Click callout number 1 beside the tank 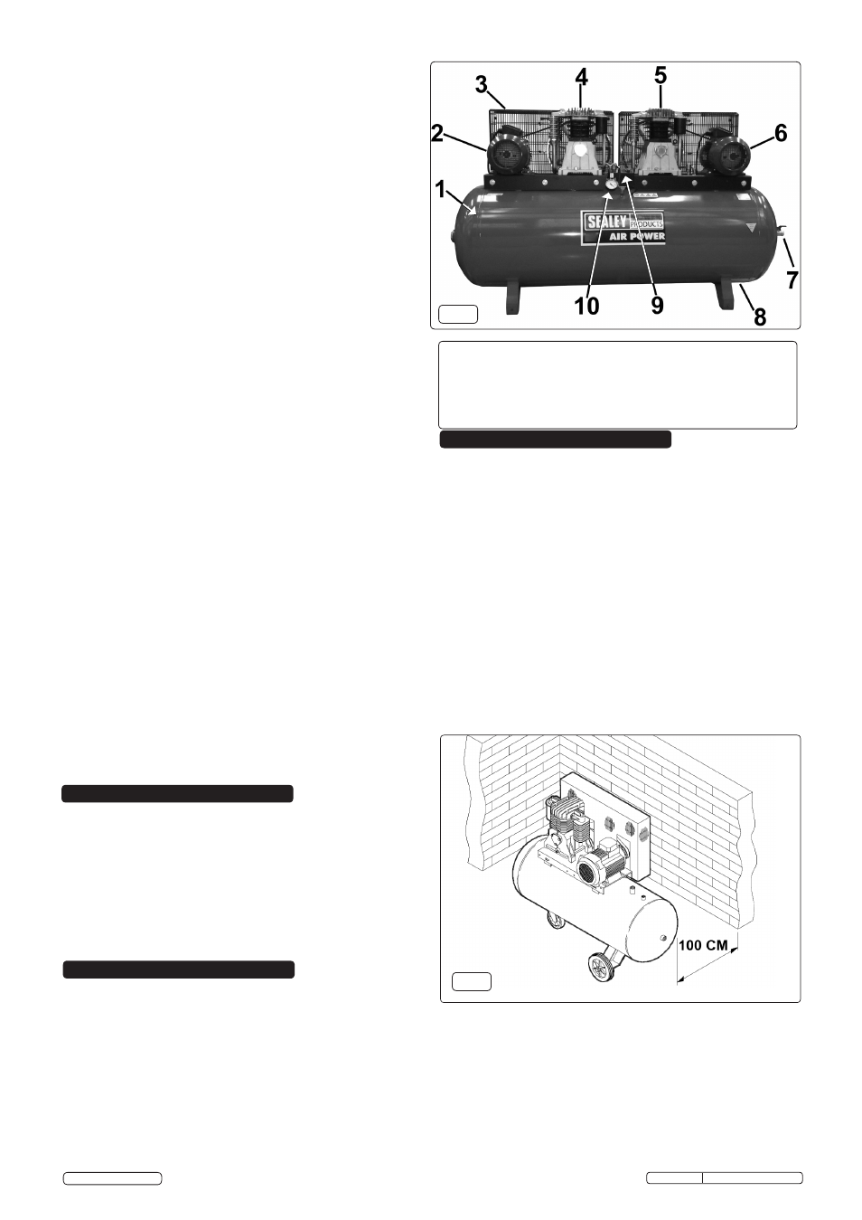[441, 190]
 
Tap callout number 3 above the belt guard [481, 85]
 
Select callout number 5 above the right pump [661, 75]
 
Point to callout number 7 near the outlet [792, 280]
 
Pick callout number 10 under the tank [586, 306]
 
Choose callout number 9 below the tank [658, 306]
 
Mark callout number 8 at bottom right [759, 316]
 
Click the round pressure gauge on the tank [611, 184]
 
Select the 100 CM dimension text [703, 945]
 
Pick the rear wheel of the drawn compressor [554, 922]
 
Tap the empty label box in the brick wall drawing [472, 981]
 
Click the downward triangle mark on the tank [752, 227]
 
